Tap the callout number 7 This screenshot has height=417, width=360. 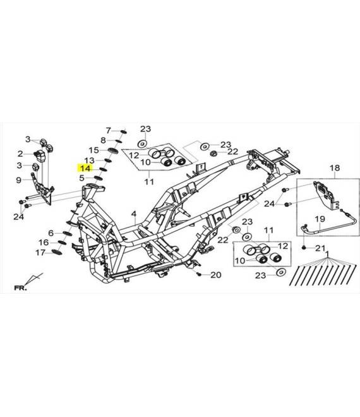pos(108,131)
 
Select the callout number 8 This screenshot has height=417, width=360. pos(103,140)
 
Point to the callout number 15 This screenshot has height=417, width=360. pos(94,150)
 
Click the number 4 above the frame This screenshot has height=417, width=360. pos(134,214)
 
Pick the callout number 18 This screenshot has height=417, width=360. pos(335,168)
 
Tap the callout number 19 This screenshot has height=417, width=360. pos(320,219)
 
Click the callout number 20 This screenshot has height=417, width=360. pos(215,275)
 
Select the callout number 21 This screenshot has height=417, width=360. pos(320,248)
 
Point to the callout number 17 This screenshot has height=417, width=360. pos(40,252)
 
